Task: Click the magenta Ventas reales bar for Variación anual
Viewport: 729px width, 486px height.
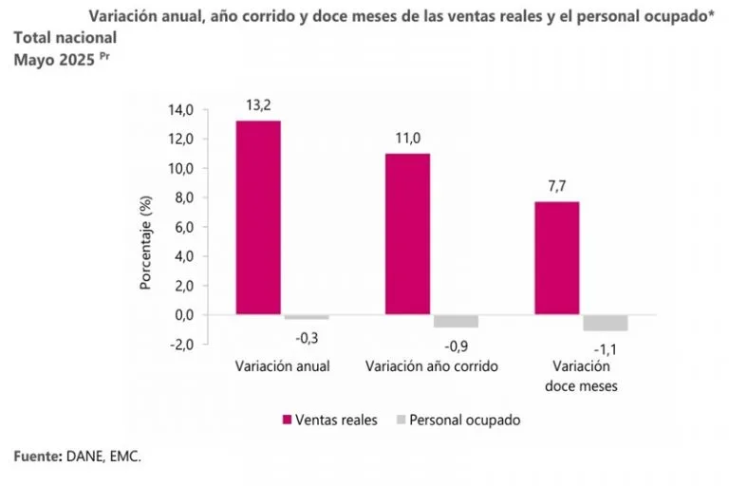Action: pos(258,217)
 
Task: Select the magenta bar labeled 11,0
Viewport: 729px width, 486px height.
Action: pos(407,234)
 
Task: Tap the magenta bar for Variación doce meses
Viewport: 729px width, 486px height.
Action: pos(556,257)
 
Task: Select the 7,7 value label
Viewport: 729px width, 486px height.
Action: pos(556,184)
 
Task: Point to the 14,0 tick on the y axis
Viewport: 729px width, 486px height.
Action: pos(181,110)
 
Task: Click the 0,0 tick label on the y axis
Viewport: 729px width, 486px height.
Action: pos(181,314)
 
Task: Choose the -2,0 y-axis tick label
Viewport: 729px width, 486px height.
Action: pos(179,344)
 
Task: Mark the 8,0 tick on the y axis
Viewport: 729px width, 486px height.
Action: pos(181,197)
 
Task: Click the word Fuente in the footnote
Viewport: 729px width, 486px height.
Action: pos(37,458)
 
